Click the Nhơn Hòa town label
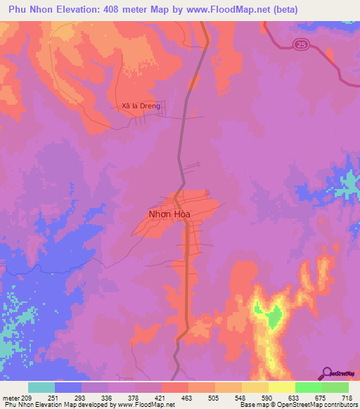[169, 214]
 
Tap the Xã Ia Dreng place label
[141, 106]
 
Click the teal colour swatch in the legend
[41, 387]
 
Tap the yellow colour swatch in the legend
[281, 387]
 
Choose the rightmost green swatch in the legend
[335, 387]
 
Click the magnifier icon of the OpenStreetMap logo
[326, 373]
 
